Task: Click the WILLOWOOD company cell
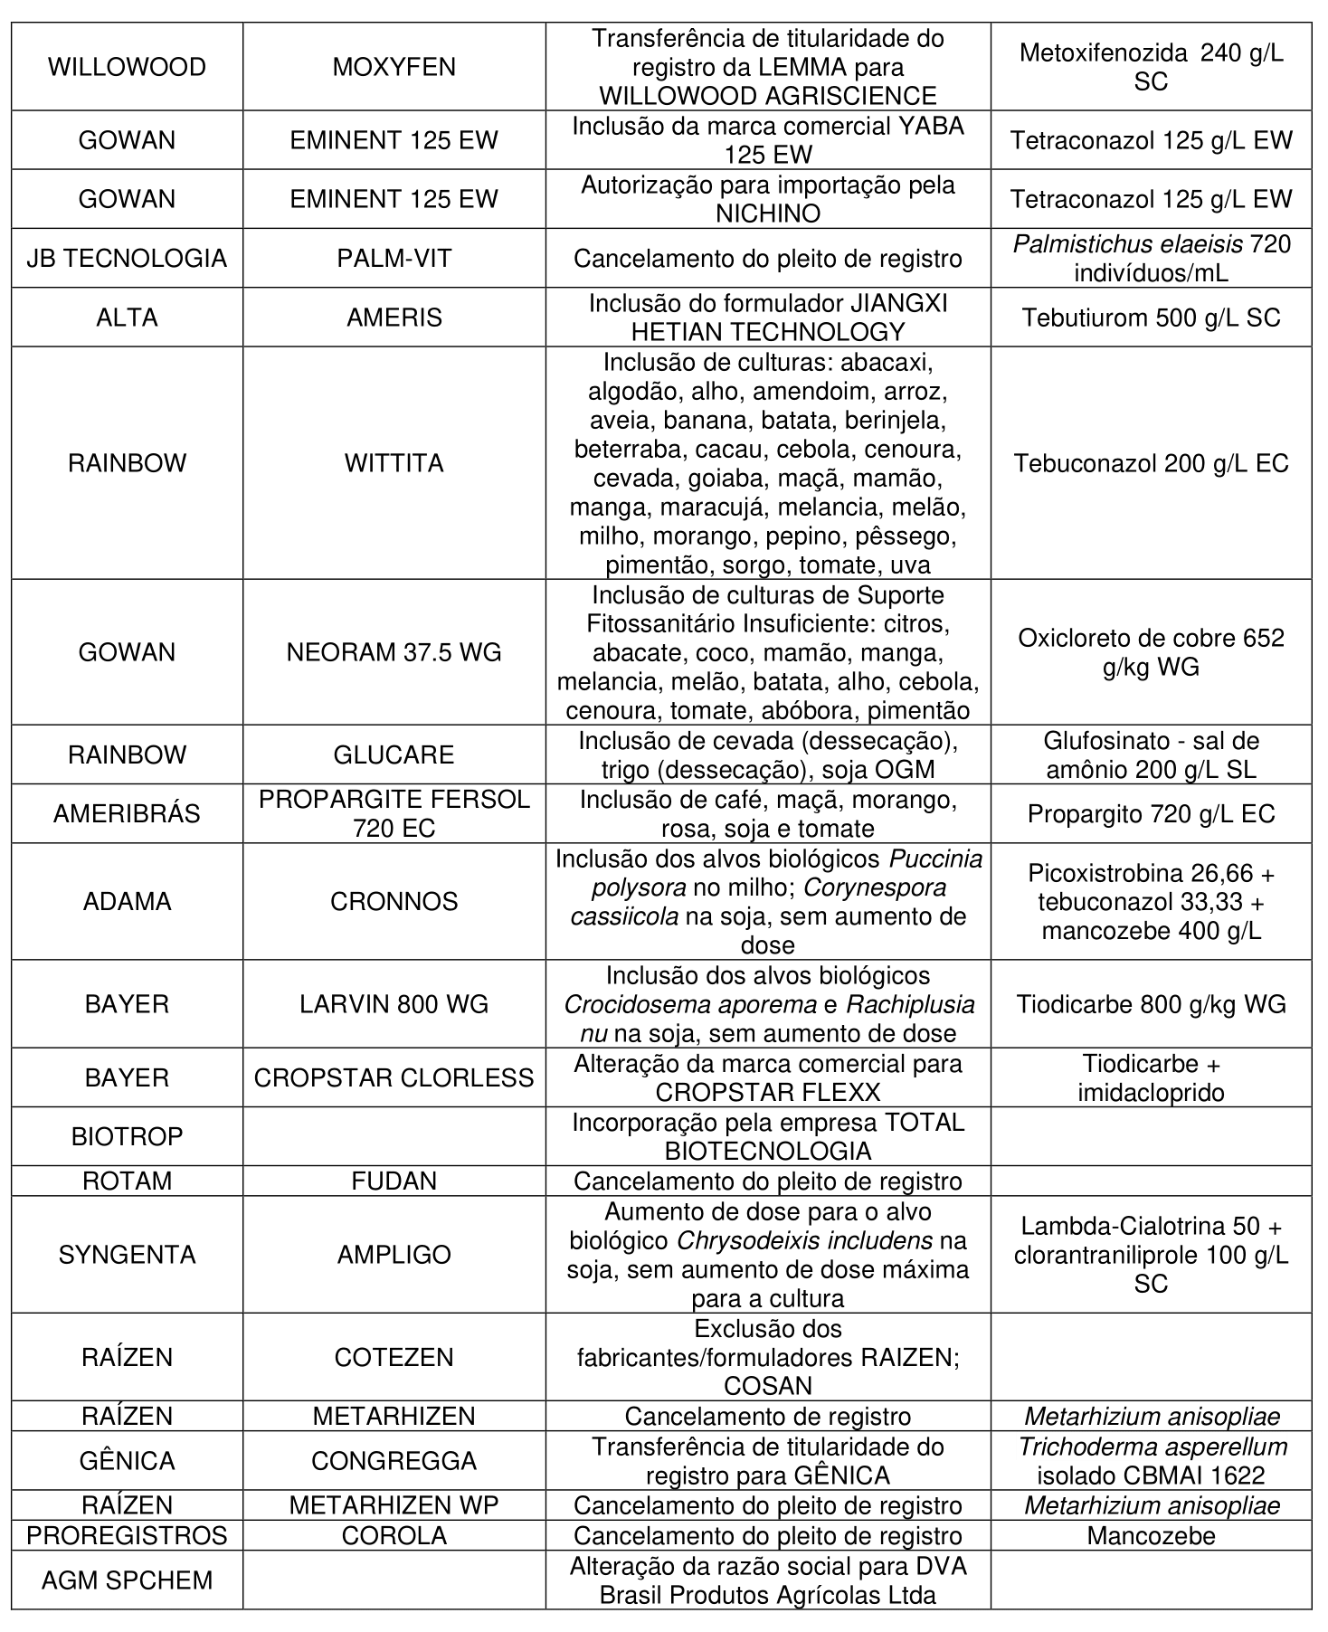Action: click(127, 67)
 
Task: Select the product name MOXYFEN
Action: click(394, 67)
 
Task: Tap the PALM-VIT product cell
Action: click(394, 259)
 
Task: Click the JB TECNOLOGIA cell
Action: click(127, 259)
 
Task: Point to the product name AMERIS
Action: click(394, 318)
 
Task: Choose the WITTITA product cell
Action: click(394, 463)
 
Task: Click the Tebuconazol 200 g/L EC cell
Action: click(1151, 463)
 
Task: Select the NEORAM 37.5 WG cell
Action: click(394, 652)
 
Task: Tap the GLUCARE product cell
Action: click(394, 754)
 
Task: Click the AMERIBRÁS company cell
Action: click(127, 813)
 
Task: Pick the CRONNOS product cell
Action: click(394, 901)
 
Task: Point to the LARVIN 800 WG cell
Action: click(394, 1004)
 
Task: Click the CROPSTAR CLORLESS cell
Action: click(394, 1077)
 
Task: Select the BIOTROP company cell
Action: click(127, 1136)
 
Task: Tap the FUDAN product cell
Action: click(394, 1181)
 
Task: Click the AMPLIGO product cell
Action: click(394, 1255)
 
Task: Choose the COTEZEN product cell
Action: click(394, 1357)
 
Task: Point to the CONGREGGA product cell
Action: click(394, 1461)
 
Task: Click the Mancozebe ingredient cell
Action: click(1151, 1535)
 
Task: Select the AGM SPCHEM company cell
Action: click(127, 1580)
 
